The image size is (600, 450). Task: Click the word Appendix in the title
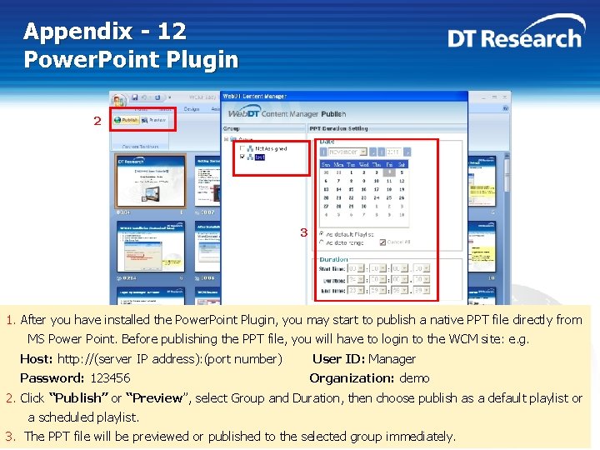[x=77, y=32]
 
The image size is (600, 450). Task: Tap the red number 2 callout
[x=97, y=121]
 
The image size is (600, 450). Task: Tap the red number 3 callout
[x=304, y=232]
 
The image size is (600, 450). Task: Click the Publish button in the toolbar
[x=127, y=120]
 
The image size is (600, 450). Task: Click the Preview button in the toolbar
[x=154, y=120]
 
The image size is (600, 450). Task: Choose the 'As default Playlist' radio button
[x=322, y=234]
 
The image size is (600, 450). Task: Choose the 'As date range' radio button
[x=322, y=242]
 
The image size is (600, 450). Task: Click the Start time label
[x=332, y=268]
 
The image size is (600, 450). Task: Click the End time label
[x=332, y=290]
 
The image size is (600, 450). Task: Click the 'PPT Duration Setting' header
[x=338, y=128]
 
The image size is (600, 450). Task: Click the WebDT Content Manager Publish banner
[x=287, y=113]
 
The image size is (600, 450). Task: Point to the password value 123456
[x=110, y=378]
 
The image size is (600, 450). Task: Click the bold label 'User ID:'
[x=337, y=359]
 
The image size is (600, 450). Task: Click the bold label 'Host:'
[x=37, y=359]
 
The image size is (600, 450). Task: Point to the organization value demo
[x=414, y=378]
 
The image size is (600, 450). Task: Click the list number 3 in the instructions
[x=10, y=437]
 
